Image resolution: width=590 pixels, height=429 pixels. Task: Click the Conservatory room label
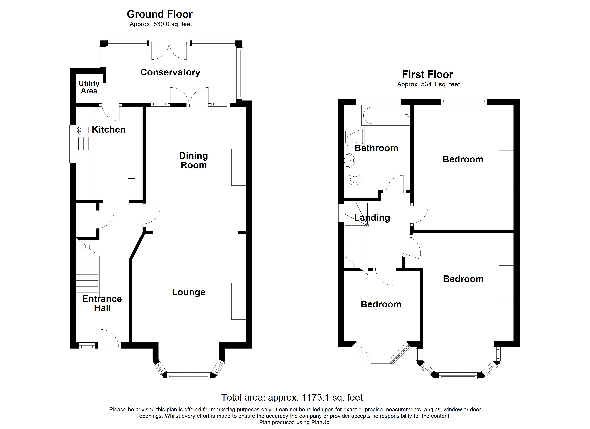pyautogui.click(x=170, y=72)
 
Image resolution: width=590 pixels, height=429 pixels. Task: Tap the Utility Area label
pyautogui.click(x=89, y=87)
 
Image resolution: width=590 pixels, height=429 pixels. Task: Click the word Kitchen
pyautogui.click(x=109, y=130)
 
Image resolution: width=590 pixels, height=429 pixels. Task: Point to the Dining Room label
pyautogui.click(x=194, y=160)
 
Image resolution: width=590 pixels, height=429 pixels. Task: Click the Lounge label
pyautogui.click(x=189, y=292)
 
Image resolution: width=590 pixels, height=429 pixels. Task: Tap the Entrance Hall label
pyautogui.click(x=102, y=303)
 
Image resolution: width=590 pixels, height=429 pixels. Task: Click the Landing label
pyautogui.click(x=372, y=218)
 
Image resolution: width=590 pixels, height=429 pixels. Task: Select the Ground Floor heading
pyautogui.click(x=159, y=14)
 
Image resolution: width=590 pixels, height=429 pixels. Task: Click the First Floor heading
pyautogui.click(x=427, y=74)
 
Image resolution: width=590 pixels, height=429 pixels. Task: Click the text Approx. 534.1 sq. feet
pyautogui.click(x=428, y=84)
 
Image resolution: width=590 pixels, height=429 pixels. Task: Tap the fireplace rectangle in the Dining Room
pyautogui.click(x=239, y=167)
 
